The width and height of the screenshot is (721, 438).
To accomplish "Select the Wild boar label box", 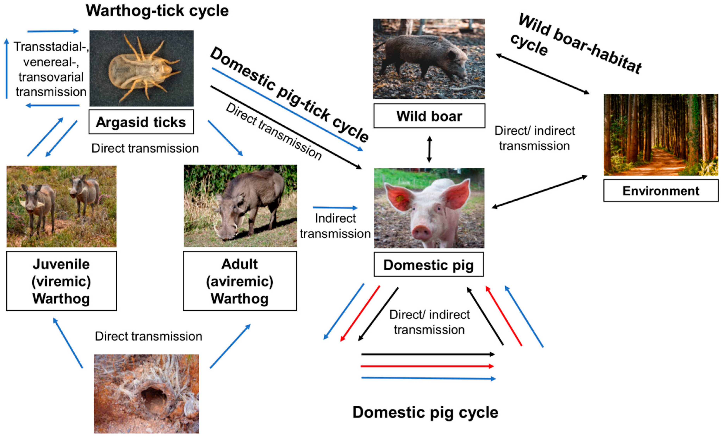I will click(429, 116).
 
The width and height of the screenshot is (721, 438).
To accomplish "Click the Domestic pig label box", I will click(428, 265).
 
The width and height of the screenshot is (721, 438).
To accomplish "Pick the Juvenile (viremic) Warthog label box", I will click(61, 281).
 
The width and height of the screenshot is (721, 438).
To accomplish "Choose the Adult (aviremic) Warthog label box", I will click(240, 281).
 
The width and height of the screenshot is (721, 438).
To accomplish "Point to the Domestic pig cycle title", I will click(425, 412).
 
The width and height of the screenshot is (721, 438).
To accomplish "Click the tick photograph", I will click(141, 68).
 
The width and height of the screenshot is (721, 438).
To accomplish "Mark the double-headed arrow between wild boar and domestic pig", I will click(429, 149).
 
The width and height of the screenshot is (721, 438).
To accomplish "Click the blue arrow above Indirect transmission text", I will click(335, 208).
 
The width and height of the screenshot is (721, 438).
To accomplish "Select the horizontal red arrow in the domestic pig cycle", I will click(427, 366).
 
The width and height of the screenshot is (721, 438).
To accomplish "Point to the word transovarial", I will click(51, 77).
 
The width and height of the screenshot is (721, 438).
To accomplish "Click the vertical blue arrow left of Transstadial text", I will click(6, 69).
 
